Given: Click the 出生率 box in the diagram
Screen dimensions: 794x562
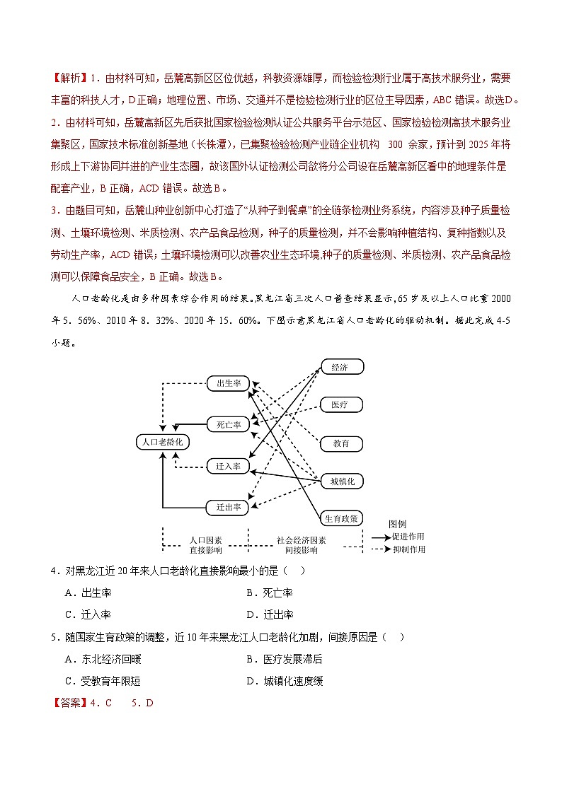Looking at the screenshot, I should point(229,383).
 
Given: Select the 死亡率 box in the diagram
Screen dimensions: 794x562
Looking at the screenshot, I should point(229,425).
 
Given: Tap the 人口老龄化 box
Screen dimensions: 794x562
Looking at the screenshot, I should point(163,442).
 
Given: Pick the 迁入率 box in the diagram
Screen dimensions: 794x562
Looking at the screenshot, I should point(228,467).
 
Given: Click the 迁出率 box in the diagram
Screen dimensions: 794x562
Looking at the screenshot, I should point(228,507).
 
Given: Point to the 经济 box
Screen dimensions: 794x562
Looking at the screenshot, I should point(342,367).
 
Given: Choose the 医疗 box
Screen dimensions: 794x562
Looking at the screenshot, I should point(342,405).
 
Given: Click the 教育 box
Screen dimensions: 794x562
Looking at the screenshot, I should point(342,443).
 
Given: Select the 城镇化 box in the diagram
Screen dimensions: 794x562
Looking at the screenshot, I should point(342,481).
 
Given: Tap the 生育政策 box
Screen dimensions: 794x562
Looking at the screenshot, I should point(342,518).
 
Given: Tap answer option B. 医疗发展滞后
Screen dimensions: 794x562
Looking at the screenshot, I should point(284,659).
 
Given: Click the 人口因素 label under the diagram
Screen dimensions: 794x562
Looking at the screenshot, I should point(205,539).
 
